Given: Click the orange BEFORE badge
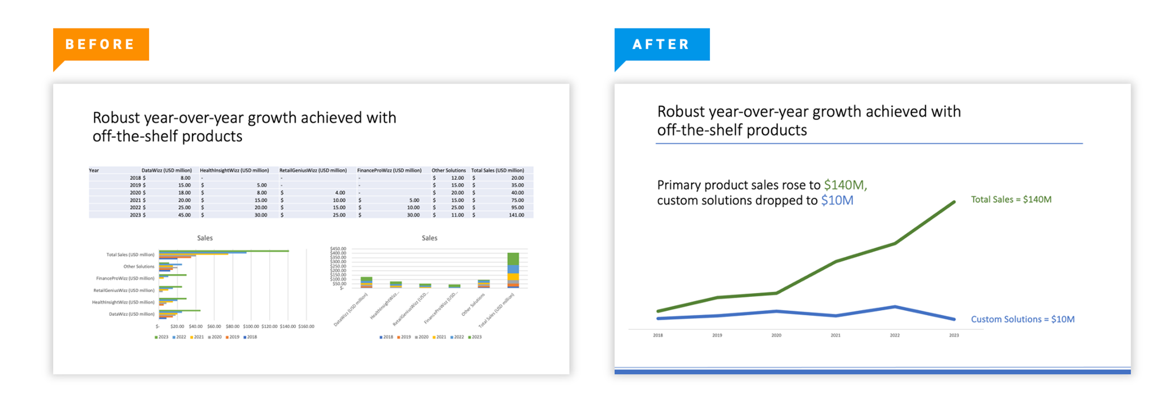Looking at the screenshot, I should pyautogui.click(x=101, y=45).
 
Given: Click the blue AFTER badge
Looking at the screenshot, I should pyautogui.click(x=662, y=45).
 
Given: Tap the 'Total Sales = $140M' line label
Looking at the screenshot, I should pyautogui.click(x=1011, y=200).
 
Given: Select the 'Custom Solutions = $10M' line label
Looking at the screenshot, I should pyautogui.click(x=1022, y=319).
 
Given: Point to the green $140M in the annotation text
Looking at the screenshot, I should pyautogui.click(x=845, y=185).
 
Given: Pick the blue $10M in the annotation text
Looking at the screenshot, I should pyautogui.click(x=837, y=201).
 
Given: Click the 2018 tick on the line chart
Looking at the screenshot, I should pyautogui.click(x=658, y=335).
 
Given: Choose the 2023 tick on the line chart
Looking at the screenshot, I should pyautogui.click(x=954, y=335).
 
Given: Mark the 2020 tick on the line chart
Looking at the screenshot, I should pyautogui.click(x=776, y=335).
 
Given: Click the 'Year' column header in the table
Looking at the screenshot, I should pyautogui.click(x=94, y=171).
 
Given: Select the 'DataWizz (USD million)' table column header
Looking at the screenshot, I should pyautogui.click(x=166, y=171).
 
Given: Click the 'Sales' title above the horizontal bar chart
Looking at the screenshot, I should pyautogui.click(x=204, y=238).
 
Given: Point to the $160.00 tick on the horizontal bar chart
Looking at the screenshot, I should pyautogui.click(x=306, y=326).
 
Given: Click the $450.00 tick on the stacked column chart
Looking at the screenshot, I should pyautogui.click(x=338, y=249).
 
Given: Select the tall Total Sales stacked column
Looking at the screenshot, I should pyautogui.click(x=513, y=270).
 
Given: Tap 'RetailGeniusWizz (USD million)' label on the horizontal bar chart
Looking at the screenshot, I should pyautogui.click(x=124, y=291).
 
